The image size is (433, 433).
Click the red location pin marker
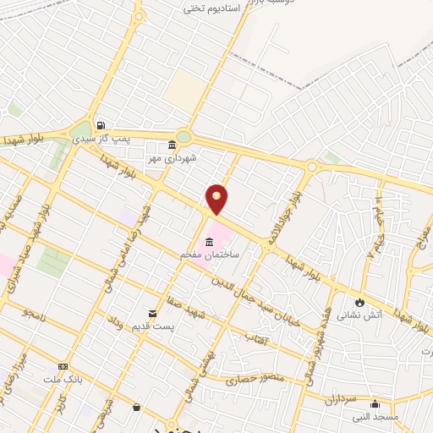pos(217,199)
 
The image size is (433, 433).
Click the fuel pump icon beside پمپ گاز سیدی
pos(101,122)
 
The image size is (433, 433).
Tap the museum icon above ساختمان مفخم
pos(208,242)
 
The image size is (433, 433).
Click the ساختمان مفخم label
pos(208,255)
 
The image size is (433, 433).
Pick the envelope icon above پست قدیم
pos(153,312)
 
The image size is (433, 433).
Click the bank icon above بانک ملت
pos(63,366)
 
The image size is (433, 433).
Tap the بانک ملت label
pos(62,379)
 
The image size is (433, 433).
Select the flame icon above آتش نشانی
pos(360,302)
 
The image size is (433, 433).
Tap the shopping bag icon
pos(136,407)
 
